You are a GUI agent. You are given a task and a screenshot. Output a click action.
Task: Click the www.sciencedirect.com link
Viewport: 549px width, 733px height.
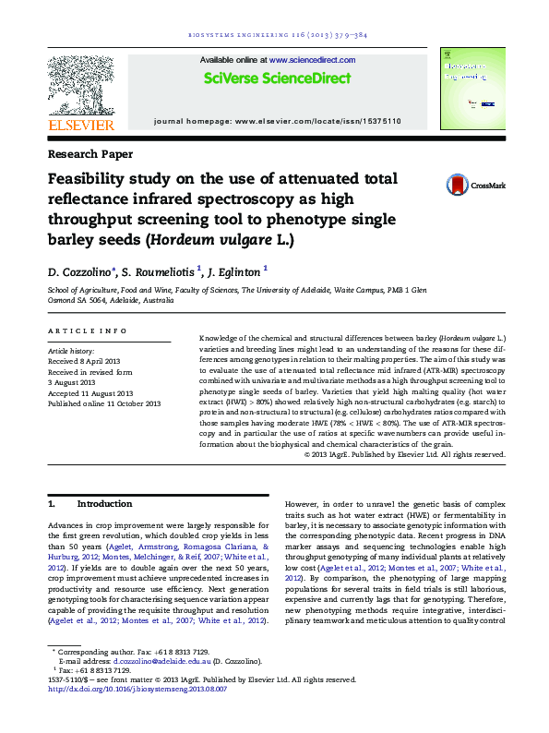pos(312,60)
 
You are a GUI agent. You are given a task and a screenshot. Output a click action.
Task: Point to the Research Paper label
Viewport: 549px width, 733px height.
pos(90,154)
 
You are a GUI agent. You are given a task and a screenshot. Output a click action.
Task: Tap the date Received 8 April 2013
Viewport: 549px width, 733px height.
pos(84,362)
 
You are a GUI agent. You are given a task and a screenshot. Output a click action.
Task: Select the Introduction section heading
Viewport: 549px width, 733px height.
pos(105,504)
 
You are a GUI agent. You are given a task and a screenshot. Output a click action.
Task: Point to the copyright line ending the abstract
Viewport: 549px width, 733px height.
pos(404,454)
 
